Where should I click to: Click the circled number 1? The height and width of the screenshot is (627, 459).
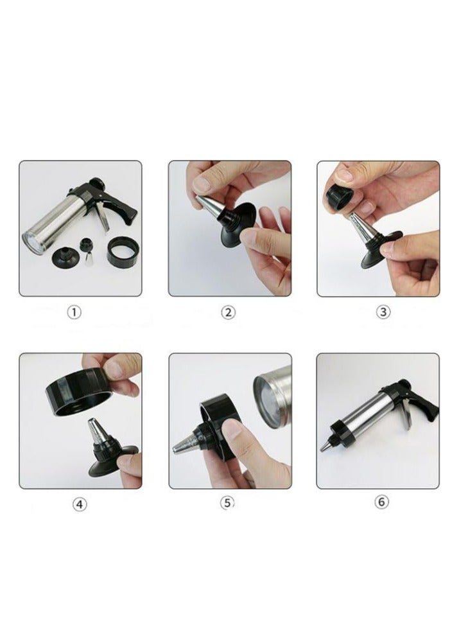[x=74, y=312]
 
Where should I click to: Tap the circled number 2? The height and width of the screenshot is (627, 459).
[x=228, y=312]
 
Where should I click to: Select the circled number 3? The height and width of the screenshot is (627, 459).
[x=383, y=312]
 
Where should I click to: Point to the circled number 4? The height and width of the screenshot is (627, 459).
[x=80, y=504]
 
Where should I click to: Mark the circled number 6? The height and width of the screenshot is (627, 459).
[x=381, y=502]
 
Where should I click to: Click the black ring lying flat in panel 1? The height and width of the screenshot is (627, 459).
[x=123, y=252]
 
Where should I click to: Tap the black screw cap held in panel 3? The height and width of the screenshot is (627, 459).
[x=340, y=199]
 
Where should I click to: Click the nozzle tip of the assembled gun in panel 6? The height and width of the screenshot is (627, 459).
[x=326, y=445]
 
